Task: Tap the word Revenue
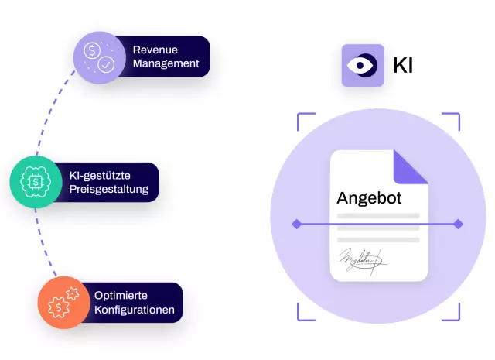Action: coord(155,50)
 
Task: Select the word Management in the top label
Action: coord(166,63)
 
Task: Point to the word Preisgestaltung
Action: coord(113,189)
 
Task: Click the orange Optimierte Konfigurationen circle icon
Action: coord(63,301)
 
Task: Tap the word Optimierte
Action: coord(121,295)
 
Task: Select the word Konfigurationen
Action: coord(134,310)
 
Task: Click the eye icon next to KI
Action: coord(363,65)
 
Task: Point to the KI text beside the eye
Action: coord(403,66)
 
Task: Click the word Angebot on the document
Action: coord(369,198)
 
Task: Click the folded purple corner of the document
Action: coord(411,166)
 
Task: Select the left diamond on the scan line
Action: coord(296,225)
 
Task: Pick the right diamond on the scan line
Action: coord(458,225)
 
